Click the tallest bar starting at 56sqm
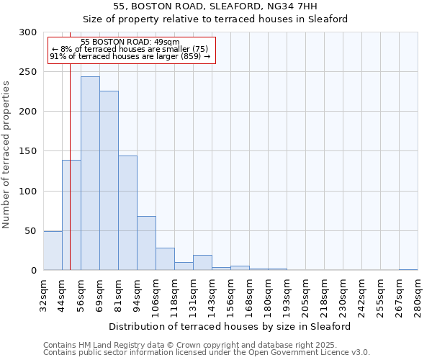coord(90,173)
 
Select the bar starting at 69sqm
coord(109,180)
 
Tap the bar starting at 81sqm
coord(127,212)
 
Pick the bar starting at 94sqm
coord(146,243)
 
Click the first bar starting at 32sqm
coord(53,251)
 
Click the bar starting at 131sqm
coord(202,263)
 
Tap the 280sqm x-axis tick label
coord(418,294)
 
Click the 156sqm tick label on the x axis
coord(230,294)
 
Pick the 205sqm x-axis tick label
coord(305,294)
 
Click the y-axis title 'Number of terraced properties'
coord(6,155)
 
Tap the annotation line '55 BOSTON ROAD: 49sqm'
coord(130,42)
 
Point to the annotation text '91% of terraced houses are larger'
coord(130,56)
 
